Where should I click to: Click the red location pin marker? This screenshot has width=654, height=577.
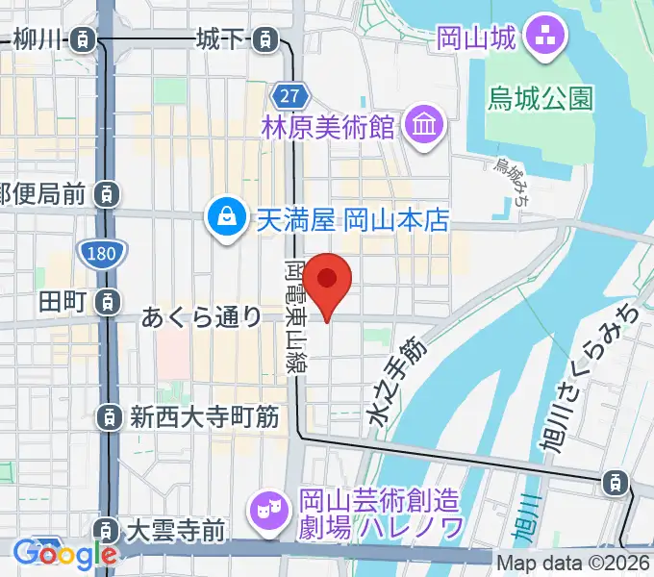tap(327, 282)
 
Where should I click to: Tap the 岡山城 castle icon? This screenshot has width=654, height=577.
tap(552, 39)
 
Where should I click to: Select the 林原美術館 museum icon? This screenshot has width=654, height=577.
tap(421, 126)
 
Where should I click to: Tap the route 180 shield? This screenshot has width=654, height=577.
tap(100, 254)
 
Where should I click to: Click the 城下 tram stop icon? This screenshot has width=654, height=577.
tap(262, 40)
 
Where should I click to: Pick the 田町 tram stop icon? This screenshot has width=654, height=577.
tap(109, 300)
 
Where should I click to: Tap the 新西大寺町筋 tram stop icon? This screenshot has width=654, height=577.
tap(109, 417)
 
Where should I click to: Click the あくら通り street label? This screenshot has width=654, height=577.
tap(202, 315)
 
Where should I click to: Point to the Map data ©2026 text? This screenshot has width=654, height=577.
tap(573, 564)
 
